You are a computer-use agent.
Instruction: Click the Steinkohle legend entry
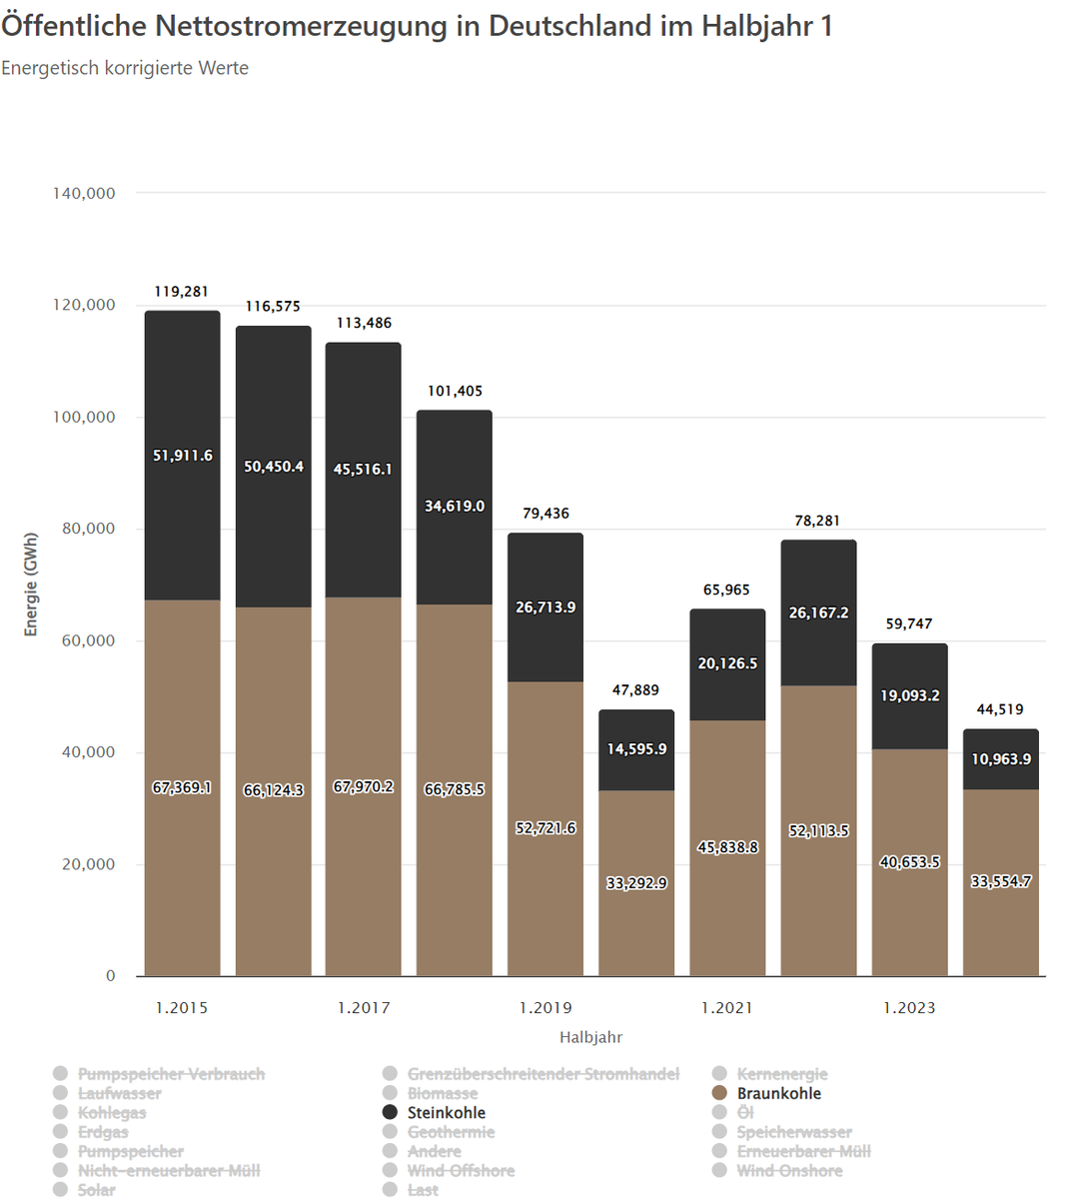coord(446,1112)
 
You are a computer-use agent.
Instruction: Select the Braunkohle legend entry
coord(778,1093)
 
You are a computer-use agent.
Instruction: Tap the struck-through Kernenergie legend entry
coord(781,1074)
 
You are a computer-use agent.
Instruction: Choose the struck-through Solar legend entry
coord(96,1189)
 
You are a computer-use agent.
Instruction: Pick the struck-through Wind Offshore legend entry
coord(461,1170)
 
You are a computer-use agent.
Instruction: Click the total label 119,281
coord(182,292)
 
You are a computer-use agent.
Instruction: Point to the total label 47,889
coord(636,690)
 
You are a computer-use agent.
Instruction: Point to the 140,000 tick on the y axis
coord(84,193)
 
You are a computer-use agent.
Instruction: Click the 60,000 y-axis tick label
coord(88,640)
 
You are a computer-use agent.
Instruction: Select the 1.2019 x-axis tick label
coord(545,1007)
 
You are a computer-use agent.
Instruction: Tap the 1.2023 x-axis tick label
coord(909,1007)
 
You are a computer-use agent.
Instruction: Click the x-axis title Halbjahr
coord(590,1037)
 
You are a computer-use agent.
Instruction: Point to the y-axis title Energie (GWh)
coord(31,585)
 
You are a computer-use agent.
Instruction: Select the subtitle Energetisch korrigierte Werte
coord(125,68)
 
